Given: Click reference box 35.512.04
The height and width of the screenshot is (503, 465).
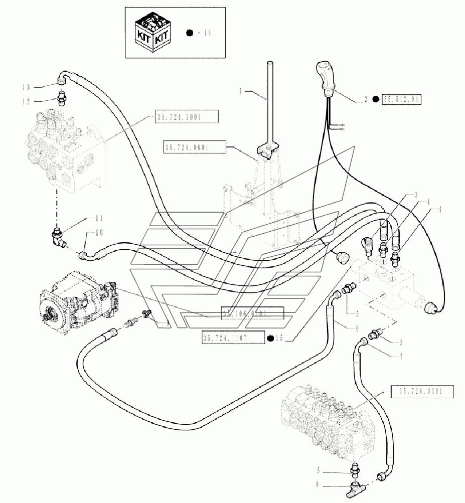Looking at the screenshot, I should coord(402,99).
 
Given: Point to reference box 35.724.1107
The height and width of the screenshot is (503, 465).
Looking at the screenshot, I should coord(232,339).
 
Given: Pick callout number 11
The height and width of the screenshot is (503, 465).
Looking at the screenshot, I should coord(99,219).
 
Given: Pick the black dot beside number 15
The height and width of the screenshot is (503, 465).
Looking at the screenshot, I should coord(271,339).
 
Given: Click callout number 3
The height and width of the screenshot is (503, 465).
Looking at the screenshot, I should coord(416,194).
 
